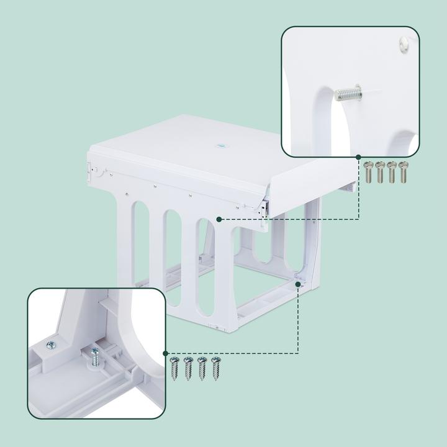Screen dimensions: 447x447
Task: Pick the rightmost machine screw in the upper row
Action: pos(405,172)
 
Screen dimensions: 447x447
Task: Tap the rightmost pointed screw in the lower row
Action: pos(215,368)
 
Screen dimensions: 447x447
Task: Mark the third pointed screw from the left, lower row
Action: pos(202,368)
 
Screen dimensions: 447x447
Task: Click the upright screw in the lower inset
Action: pos(95,358)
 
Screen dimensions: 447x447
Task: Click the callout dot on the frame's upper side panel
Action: pos(219,219)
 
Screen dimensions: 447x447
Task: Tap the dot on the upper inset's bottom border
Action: pos(359,156)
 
